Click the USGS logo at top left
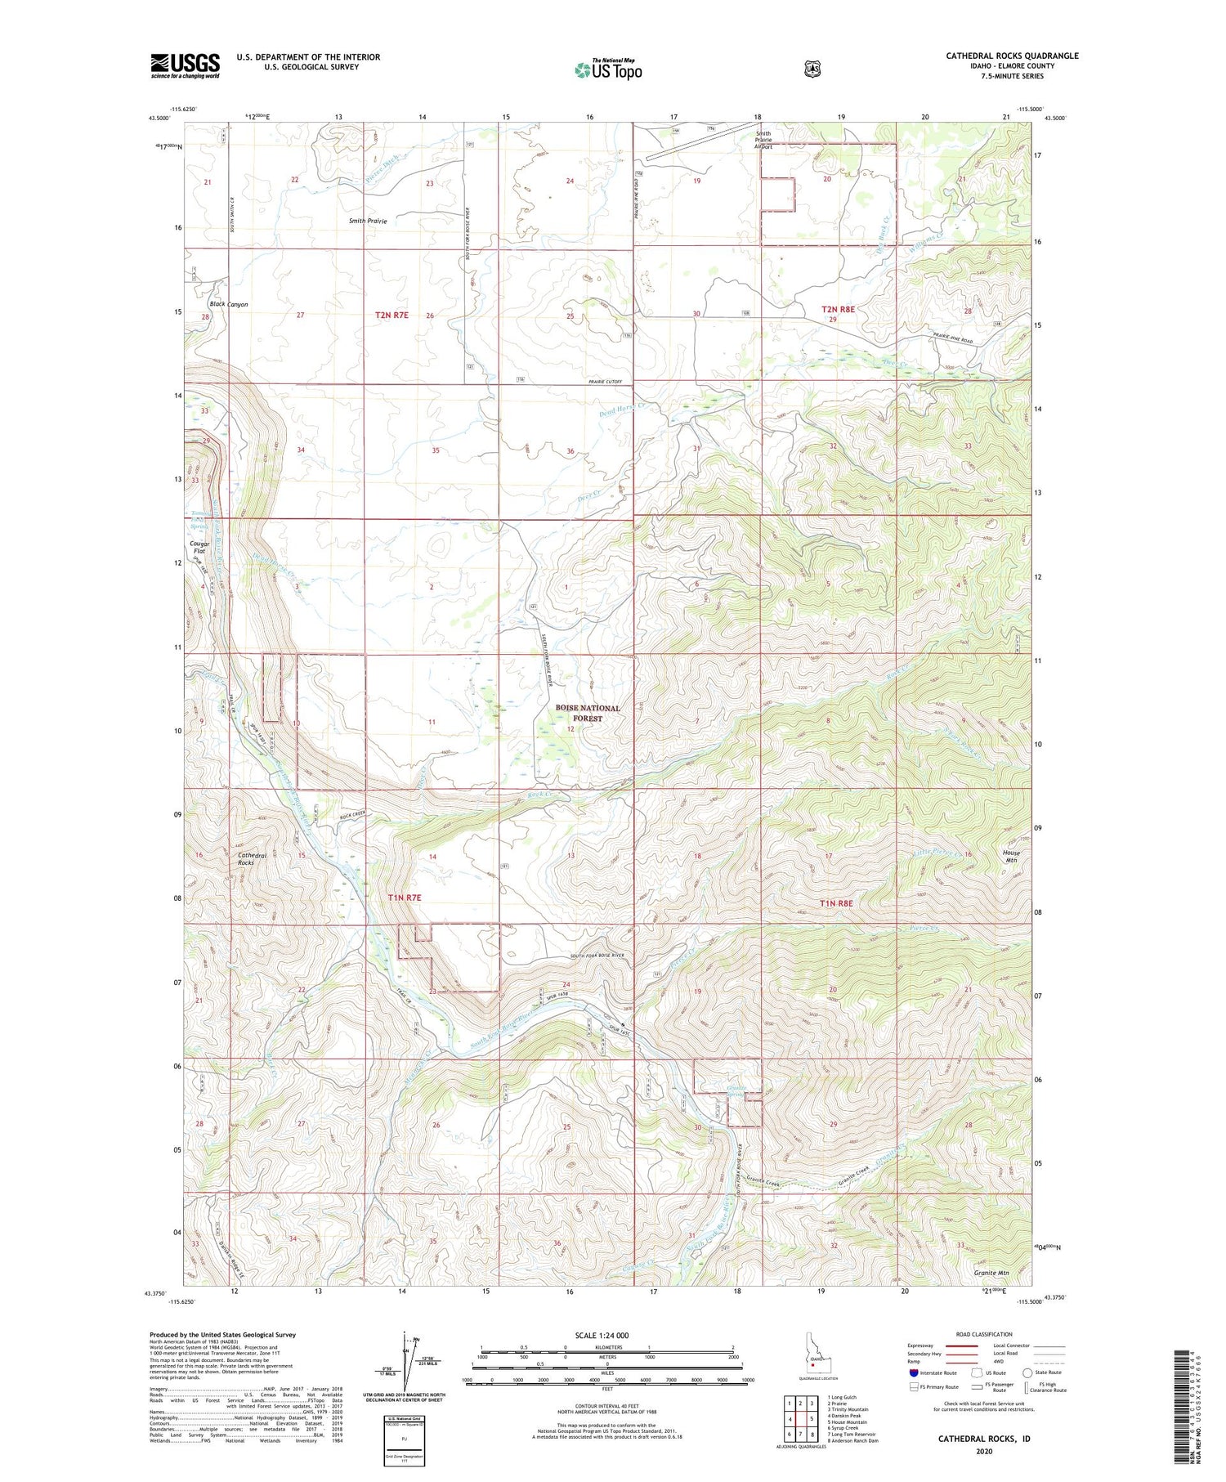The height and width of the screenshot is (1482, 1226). [x=185, y=65]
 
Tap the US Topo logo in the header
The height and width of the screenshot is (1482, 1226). [x=608, y=69]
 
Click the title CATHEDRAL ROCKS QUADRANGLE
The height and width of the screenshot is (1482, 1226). [x=1012, y=56]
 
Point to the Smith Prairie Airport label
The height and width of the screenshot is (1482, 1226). [x=763, y=141]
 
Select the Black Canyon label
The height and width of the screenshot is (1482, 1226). [x=228, y=304]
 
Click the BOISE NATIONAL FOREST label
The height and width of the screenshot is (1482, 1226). [x=587, y=713]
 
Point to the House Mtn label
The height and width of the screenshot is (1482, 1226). [x=1011, y=856]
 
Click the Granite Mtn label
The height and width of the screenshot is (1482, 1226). [x=991, y=1273]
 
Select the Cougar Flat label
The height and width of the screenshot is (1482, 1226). [x=199, y=547]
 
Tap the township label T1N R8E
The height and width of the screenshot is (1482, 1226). [x=836, y=902]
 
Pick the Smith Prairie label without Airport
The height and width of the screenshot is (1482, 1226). [x=368, y=221]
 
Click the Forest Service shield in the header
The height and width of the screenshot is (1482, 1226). [x=812, y=69]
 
